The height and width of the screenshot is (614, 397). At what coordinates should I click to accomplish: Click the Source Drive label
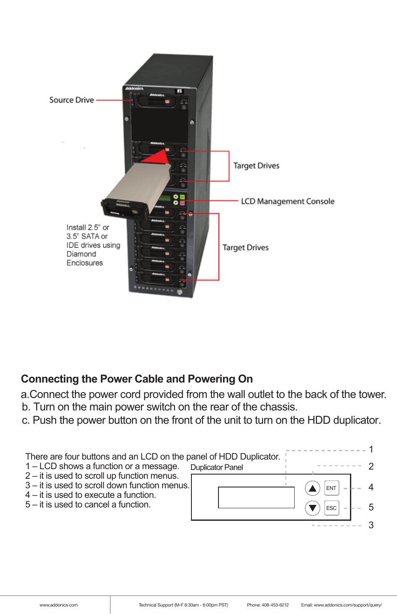point(71,100)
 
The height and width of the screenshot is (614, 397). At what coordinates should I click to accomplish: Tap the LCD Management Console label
point(288,201)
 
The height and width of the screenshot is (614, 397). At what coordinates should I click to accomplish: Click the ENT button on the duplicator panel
point(331,488)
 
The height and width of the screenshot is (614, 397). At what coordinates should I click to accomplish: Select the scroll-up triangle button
point(312,488)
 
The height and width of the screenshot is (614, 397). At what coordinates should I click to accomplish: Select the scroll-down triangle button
point(312,508)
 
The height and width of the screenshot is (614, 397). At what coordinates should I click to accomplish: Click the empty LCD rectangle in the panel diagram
point(256,497)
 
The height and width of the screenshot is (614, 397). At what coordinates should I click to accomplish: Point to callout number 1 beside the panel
point(371,450)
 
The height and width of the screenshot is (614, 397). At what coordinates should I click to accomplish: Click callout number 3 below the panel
point(371,525)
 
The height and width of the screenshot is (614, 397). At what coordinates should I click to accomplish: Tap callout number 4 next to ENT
point(371,487)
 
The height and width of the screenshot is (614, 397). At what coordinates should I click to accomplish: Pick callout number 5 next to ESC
point(371,507)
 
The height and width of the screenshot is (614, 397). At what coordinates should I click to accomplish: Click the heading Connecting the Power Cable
point(137,379)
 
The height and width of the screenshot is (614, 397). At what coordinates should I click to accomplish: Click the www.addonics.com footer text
point(58,605)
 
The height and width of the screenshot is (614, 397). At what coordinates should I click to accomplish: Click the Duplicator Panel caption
point(216,467)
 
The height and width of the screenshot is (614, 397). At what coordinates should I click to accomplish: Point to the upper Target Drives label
point(256,166)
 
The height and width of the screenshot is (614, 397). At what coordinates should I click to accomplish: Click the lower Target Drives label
point(246,248)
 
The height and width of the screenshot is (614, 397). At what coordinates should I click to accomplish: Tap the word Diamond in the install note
point(81,254)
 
